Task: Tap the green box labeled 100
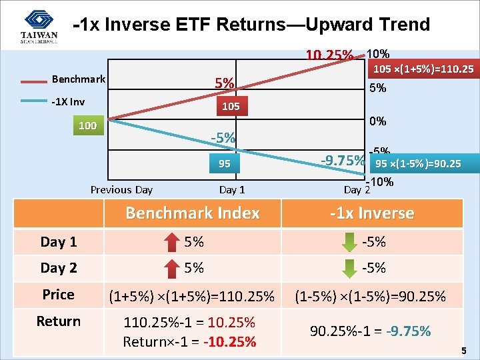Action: [x=87, y=126]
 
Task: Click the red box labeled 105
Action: [x=231, y=107]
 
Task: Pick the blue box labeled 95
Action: [x=224, y=163]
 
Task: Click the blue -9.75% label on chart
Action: [x=343, y=161]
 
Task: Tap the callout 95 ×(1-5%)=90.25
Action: [x=418, y=164]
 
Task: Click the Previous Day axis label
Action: [x=121, y=190]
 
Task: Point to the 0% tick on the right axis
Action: [x=378, y=121]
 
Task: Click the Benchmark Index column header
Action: [x=192, y=213]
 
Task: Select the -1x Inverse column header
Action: [x=373, y=213]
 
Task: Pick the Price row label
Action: [x=59, y=295]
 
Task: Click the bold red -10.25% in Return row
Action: [x=231, y=342]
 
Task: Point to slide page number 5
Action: [x=463, y=351]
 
